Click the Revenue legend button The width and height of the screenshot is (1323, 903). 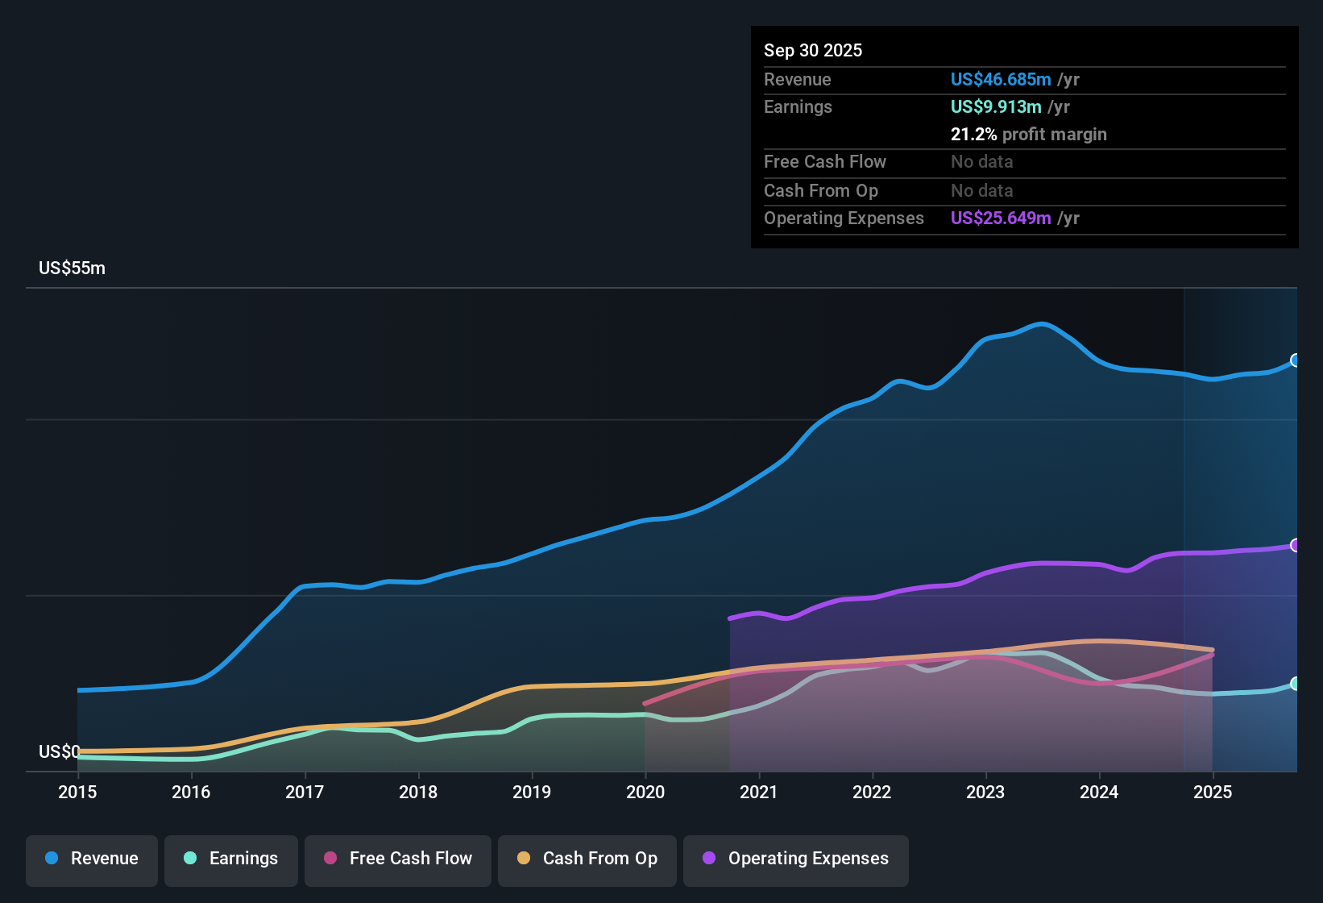(92, 859)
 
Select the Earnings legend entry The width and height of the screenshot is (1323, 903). (231, 859)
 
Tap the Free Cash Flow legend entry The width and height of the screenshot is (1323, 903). (398, 859)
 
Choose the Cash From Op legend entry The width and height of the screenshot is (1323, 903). (587, 859)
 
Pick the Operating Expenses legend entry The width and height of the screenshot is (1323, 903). (796, 859)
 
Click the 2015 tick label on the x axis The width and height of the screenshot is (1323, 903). (77, 792)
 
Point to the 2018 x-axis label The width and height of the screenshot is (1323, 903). (418, 792)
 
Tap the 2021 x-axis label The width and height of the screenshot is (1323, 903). (758, 792)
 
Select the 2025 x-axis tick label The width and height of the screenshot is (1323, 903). (1213, 792)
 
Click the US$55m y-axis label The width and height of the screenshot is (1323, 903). (72, 268)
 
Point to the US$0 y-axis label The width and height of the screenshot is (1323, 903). (59, 752)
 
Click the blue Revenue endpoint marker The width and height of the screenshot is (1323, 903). (1295, 360)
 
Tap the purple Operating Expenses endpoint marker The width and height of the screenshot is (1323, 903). (1295, 546)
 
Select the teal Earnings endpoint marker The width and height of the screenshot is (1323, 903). (1295, 684)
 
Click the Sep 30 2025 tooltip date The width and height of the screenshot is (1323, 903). (813, 51)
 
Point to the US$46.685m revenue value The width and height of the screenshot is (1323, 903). (1001, 80)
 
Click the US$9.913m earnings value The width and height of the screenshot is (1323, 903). (996, 107)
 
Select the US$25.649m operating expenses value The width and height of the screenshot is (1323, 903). (1001, 218)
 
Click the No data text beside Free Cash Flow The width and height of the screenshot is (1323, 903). (981, 162)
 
